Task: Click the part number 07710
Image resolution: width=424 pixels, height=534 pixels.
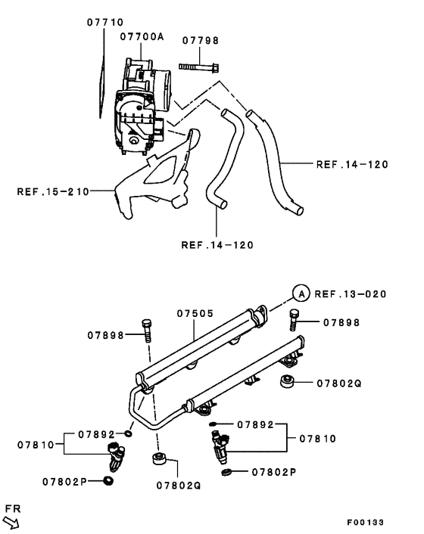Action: tap(105, 23)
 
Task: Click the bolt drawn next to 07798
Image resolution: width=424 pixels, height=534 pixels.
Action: tap(198, 67)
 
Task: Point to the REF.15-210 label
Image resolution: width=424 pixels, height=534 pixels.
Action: tap(51, 191)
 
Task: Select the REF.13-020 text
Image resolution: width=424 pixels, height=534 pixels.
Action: tap(351, 294)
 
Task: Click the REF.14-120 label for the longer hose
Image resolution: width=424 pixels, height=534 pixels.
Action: tap(352, 163)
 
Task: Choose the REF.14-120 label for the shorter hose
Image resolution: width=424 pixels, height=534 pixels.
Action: tap(217, 244)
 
